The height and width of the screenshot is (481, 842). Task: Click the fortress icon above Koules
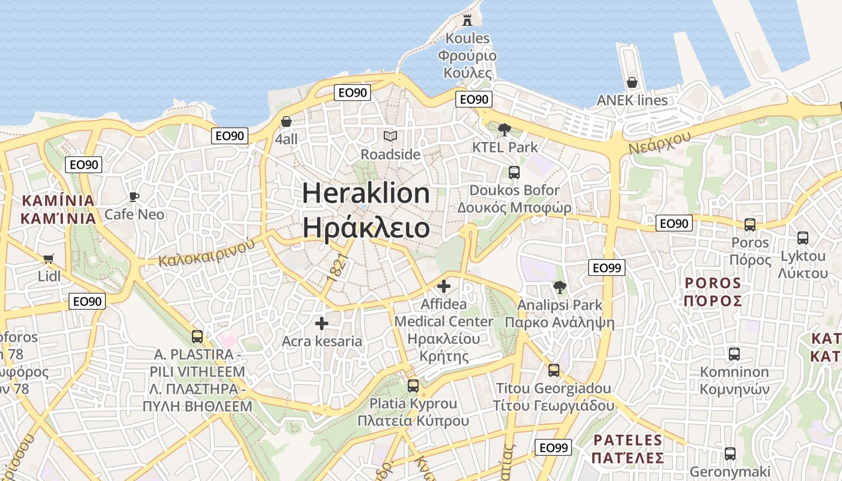(x=467, y=20)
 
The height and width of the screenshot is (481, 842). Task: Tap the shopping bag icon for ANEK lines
(x=632, y=82)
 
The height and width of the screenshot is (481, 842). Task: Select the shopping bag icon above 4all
(x=286, y=121)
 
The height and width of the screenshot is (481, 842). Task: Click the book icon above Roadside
(x=390, y=136)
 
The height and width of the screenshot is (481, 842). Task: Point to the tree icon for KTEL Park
(x=505, y=129)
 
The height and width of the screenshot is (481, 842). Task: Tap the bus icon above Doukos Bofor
(x=514, y=173)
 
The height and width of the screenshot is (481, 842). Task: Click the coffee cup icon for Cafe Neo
(x=134, y=197)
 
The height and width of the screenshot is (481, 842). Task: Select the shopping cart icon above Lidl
(x=49, y=259)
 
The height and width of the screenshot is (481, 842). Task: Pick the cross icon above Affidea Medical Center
(x=444, y=286)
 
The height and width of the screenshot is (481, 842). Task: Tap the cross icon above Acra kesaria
(x=322, y=323)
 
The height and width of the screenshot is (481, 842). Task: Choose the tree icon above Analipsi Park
(x=560, y=287)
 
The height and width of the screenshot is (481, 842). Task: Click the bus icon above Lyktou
(x=803, y=238)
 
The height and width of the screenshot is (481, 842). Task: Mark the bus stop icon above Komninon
(x=734, y=354)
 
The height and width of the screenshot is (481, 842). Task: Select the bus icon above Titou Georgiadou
(x=554, y=370)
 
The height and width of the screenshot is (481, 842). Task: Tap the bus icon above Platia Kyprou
(x=413, y=385)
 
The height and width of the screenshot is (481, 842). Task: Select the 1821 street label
(x=339, y=268)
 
